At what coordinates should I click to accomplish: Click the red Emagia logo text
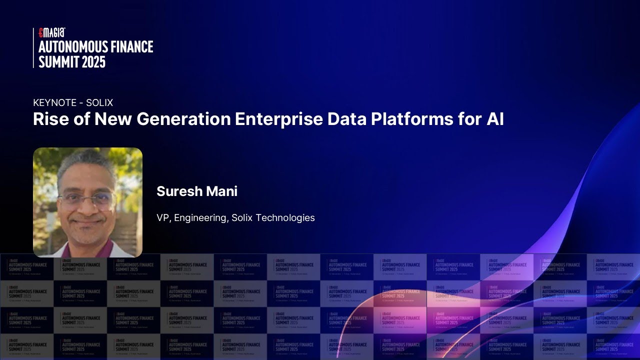(x=52, y=32)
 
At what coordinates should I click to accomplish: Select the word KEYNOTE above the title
(x=55, y=103)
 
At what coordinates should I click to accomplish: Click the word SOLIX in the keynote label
(x=99, y=103)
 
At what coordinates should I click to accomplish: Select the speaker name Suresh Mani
(x=196, y=191)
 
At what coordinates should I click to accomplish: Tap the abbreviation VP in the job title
(x=162, y=218)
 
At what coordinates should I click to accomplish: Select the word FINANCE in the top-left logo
(x=131, y=47)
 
